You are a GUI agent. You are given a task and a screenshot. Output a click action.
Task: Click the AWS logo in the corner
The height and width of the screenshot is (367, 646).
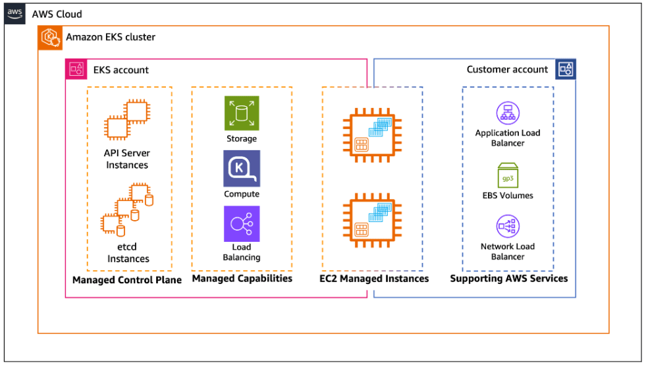click(16, 14)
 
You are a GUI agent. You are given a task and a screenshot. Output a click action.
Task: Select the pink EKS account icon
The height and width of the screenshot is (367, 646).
click(76, 69)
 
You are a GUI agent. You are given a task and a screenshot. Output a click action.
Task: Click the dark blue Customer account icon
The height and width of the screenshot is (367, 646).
click(565, 69)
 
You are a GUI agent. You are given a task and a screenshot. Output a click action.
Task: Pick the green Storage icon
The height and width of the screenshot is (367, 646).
click(242, 113)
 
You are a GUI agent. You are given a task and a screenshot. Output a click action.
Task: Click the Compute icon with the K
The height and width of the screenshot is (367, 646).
click(242, 169)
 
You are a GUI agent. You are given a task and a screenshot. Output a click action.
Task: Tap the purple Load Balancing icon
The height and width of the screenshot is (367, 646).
click(242, 224)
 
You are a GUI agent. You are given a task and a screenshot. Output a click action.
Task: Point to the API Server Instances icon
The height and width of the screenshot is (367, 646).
click(126, 119)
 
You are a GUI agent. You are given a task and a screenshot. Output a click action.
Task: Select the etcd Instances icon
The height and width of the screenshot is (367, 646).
click(128, 210)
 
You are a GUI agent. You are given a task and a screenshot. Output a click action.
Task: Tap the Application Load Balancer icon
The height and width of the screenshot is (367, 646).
click(508, 113)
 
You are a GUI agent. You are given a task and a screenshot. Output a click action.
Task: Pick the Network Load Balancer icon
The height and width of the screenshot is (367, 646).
click(508, 227)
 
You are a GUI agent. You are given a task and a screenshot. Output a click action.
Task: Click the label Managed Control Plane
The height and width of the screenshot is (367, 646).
click(127, 280)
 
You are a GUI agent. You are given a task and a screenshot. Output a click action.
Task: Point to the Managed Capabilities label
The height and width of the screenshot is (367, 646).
click(242, 279)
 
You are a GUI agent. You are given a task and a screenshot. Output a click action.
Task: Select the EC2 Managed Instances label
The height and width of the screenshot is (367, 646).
click(374, 279)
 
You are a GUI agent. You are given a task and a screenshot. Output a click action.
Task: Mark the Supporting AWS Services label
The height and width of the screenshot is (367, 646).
click(508, 279)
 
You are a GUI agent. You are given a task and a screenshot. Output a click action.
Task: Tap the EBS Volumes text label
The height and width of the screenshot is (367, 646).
click(508, 196)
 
